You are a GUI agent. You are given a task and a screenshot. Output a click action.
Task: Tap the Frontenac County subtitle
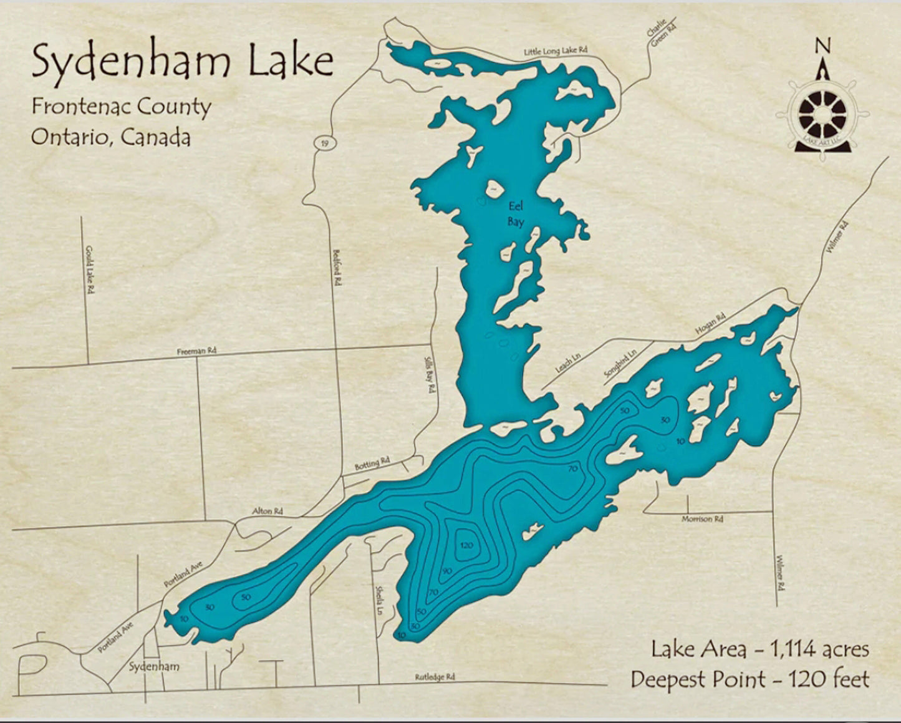click(122, 107)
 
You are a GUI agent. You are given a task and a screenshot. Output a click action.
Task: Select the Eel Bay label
click(516, 214)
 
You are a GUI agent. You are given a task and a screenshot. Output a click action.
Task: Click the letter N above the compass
click(823, 46)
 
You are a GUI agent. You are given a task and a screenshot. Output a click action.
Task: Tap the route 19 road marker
click(324, 143)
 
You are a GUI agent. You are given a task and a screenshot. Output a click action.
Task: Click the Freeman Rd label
click(196, 351)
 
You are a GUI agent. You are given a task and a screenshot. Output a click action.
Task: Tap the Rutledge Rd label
click(435, 677)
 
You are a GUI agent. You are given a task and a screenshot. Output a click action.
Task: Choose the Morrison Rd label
click(702, 519)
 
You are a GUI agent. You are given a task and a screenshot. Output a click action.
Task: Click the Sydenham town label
click(154, 666)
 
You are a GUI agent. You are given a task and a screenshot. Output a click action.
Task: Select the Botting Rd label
click(372, 463)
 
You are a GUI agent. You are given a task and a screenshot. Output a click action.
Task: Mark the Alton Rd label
click(267, 511)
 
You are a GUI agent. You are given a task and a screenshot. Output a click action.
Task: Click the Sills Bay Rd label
click(428, 374)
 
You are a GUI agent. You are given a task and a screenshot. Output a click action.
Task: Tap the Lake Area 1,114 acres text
click(759, 649)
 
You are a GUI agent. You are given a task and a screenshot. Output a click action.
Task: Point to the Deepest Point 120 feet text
click(749, 679)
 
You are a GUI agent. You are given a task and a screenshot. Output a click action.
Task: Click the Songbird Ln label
click(620, 364)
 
